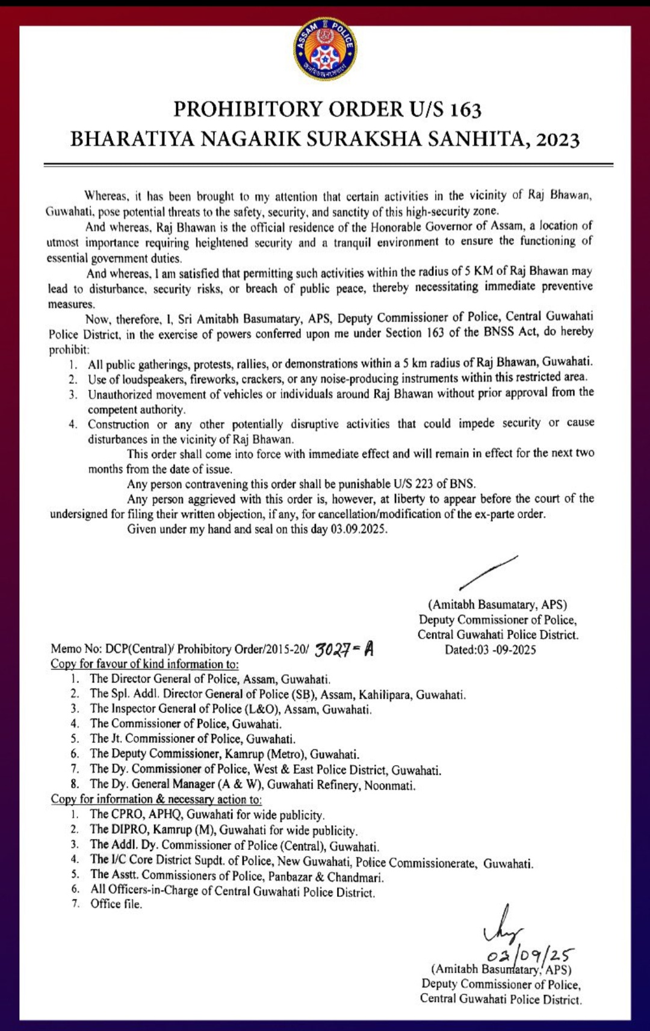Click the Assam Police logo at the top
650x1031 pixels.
pyautogui.click(x=325, y=49)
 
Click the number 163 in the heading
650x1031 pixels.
pyautogui.click(x=465, y=110)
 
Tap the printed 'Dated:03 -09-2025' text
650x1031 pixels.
pyautogui.click(x=490, y=650)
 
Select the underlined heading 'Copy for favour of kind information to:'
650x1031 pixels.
pyautogui.click(x=144, y=664)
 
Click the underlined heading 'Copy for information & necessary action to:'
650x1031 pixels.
pyautogui.click(x=156, y=799)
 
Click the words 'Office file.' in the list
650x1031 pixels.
pyautogui.click(x=116, y=904)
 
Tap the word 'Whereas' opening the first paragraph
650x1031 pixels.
pyautogui.click(x=106, y=196)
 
